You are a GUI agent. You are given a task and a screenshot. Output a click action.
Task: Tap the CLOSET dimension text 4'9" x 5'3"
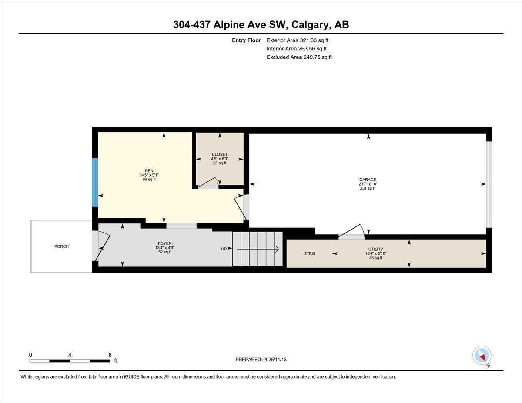(x=219, y=159)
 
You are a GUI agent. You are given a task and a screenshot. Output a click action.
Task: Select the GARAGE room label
(x=368, y=180)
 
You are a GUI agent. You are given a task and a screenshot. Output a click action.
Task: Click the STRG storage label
(x=309, y=253)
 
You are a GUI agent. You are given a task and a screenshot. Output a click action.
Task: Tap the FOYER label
(x=164, y=243)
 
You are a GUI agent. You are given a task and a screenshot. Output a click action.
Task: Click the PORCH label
(x=61, y=246)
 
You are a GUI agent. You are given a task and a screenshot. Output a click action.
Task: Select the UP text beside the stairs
(x=224, y=249)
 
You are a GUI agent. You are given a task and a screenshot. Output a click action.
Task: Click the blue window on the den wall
(x=95, y=182)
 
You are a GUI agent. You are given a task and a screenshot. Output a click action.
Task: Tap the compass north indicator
(x=482, y=356)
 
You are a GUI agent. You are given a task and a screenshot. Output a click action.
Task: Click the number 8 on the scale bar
(x=110, y=355)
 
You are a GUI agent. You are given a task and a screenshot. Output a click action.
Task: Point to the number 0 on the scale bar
(x=30, y=355)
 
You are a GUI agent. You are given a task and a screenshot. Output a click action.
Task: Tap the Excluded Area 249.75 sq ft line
(x=299, y=57)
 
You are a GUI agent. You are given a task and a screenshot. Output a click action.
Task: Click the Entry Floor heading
(x=246, y=40)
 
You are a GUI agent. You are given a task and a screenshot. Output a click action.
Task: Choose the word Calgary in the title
(x=311, y=25)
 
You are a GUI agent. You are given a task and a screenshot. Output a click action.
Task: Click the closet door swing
(x=209, y=183)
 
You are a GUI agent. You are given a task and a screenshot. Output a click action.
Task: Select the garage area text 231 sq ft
(x=368, y=188)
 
